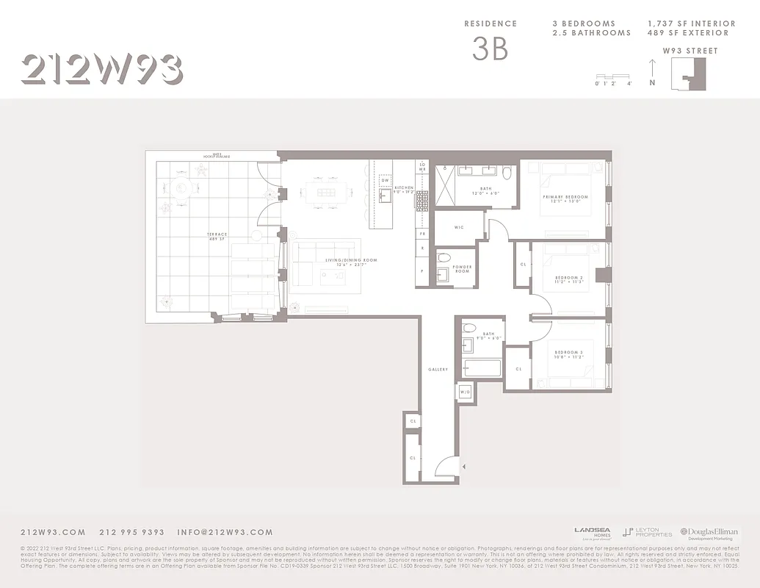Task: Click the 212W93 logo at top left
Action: click(101, 71)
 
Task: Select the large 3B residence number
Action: click(490, 48)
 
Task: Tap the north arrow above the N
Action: click(652, 70)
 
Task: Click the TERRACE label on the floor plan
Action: click(217, 234)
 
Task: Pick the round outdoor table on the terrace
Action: click(181, 188)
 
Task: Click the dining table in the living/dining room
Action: click(325, 193)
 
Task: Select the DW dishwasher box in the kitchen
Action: click(385, 180)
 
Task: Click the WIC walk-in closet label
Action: click(459, 227)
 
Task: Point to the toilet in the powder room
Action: click(444, 258)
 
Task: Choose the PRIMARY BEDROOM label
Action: click(565, 197)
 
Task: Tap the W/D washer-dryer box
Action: click(465, 392)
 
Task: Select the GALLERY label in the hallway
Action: click(438, 369)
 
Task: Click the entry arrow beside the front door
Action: click(463, 466)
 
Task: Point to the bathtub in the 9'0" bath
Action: click(482, 367)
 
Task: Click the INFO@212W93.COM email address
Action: click(225, 532)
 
